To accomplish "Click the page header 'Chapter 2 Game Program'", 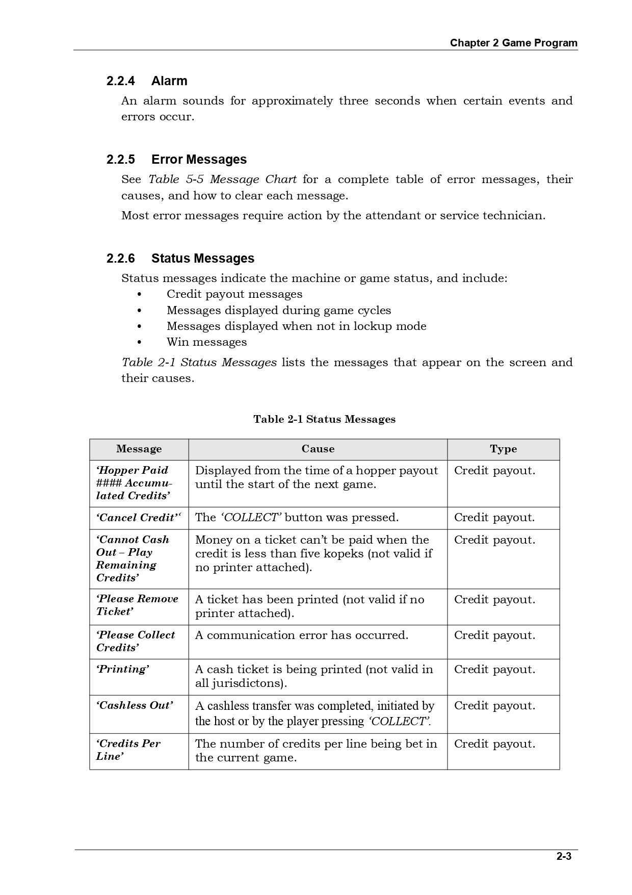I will pos(513,43).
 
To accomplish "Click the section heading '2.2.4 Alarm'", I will pos(147,81).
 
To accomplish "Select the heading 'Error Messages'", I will pos(199,160).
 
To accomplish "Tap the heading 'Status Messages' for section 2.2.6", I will pos(202,259).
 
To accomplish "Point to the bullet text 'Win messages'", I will pos(206,342).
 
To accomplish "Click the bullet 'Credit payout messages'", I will pos(234,294).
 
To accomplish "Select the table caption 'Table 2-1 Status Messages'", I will pos(324,419).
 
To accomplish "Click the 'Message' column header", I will pos(139,449).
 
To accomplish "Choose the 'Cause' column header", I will pos(318,449).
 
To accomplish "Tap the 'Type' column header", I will pos(503,449).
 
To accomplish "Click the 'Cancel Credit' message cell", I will pos(138,518).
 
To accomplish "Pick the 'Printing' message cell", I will pos(122,669).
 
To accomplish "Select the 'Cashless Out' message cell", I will pos(135,705).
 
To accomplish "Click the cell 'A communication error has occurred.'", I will pos(301,635).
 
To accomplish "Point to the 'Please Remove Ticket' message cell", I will pos(137,605).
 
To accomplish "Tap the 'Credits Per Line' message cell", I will pos(128,750).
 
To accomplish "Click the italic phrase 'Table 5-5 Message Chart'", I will pos(222,180).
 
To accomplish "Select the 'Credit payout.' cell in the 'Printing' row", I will pos(494,670).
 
